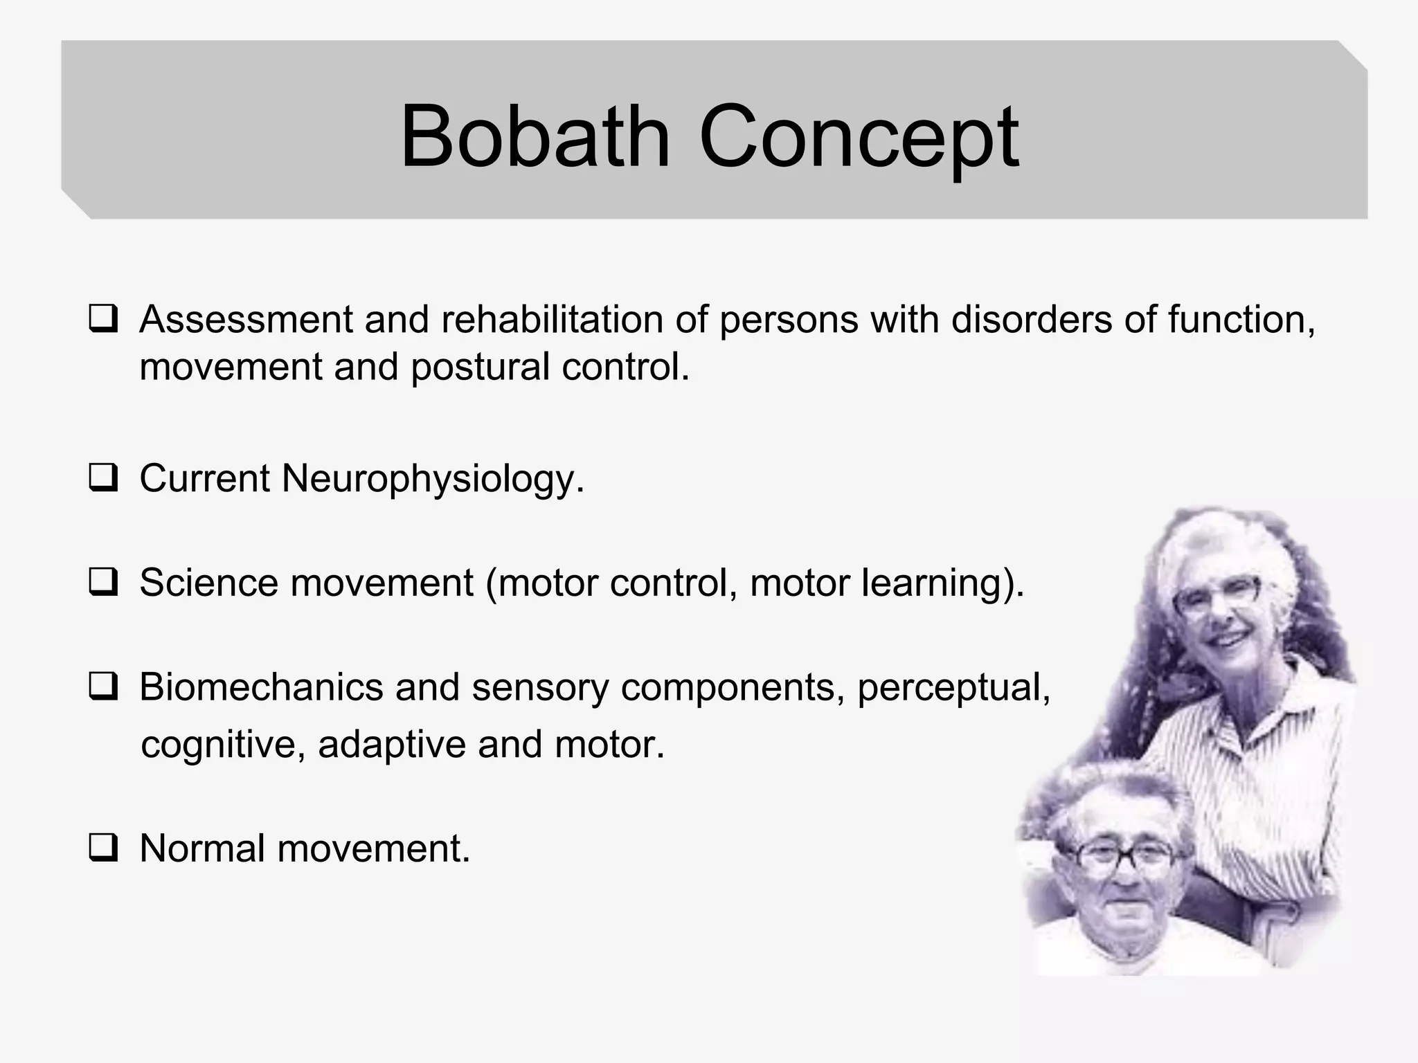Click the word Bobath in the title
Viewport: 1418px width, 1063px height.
click(535, 136)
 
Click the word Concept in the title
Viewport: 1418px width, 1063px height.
click(859, 136)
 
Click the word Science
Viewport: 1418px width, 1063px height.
click(208, 583)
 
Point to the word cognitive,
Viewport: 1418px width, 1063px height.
click(222, 745)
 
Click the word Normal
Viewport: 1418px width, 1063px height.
click(201, 848)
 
